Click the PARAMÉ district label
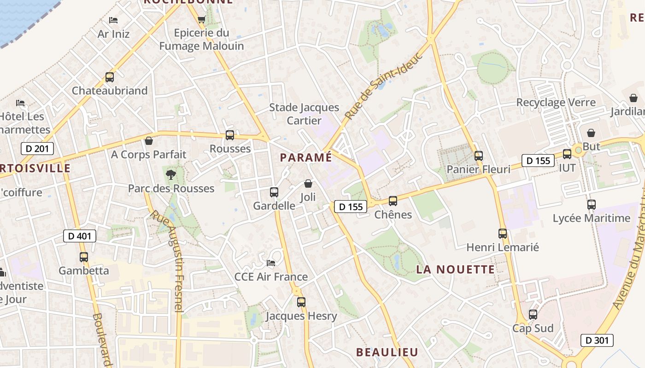(305, 157)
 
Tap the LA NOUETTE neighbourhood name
(456, 270)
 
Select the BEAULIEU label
(387, 352)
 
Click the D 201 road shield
(38, 149)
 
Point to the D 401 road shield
(80, 236)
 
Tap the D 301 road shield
(597, 340)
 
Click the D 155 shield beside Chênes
(351, 207)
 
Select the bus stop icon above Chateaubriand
(109, 77)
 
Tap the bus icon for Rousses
(230, 135)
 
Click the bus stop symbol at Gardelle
(274, 192)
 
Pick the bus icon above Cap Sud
(533, 315)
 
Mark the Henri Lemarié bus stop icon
(503, 234)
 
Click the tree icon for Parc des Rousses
(171, 175)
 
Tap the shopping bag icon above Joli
(308, 184)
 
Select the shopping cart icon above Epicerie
(201, 19)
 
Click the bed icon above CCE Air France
(271, 263)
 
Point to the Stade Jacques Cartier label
(304, 114)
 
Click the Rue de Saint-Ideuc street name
(377, 87)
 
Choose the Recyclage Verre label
(556, 102)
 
